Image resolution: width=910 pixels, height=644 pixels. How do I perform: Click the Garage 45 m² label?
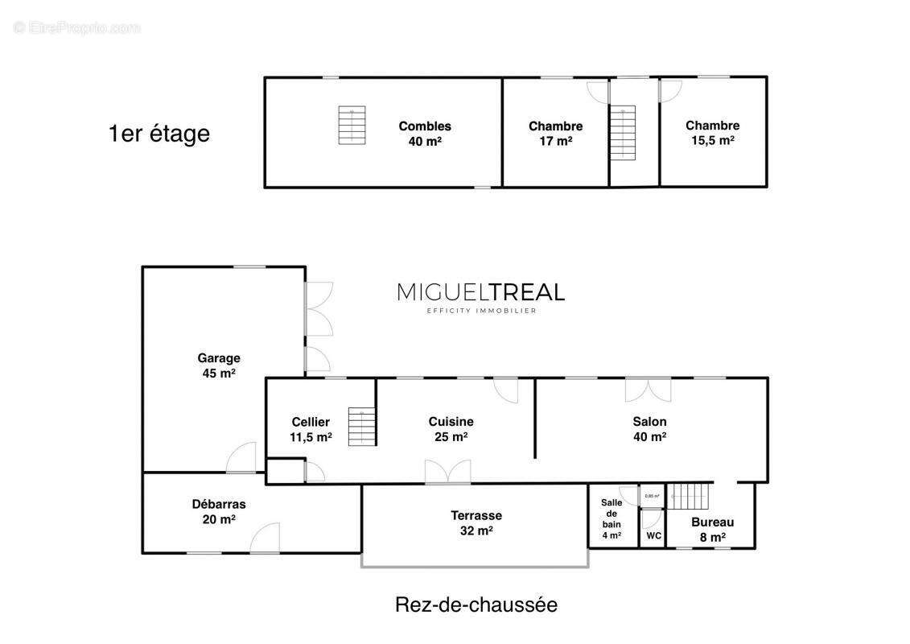coord(219,365)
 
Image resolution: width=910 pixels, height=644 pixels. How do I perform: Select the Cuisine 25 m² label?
coord(451,429)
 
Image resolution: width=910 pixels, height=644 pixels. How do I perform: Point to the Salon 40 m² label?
coord(649,429)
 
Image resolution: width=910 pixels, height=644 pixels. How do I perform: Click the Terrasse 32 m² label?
coord(476,522)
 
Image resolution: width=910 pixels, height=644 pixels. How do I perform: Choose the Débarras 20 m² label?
coord(219,511)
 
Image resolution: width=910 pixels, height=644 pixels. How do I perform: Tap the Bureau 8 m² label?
coord(713,529)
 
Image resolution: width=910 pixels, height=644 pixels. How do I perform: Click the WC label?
coord(653,535)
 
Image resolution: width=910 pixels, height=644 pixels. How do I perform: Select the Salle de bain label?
coord(611,518)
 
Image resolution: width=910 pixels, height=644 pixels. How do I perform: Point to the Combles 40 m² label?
coord(425,133)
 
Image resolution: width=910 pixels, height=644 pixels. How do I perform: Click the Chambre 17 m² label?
coord(555,133)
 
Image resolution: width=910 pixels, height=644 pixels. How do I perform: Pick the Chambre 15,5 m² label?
coord(712,132)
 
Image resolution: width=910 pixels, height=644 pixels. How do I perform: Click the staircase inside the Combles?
coord(352,125)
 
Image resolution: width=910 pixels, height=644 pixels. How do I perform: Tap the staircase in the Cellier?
coord(362,427)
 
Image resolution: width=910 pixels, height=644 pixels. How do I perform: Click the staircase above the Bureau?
coord(690,497)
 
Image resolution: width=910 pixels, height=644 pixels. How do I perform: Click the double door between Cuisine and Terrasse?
coord(447,473)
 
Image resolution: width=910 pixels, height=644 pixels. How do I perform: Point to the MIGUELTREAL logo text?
coord(480,292)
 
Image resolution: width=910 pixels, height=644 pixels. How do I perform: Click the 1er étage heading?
coord(159,134)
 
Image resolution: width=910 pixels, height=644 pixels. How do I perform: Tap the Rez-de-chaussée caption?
coord(476,605)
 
